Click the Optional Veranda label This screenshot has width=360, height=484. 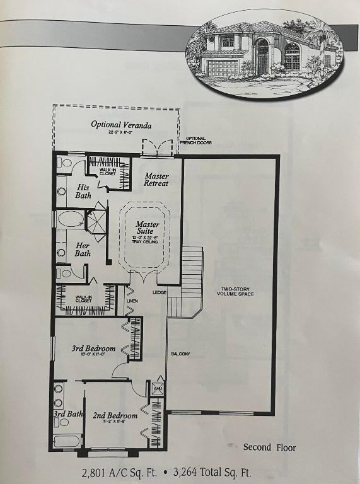121,125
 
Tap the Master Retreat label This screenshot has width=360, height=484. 156,180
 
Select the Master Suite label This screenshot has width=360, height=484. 148,228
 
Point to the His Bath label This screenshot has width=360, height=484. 83,191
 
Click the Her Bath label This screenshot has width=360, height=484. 83,249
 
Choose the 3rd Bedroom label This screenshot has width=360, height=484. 93,349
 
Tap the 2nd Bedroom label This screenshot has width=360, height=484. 115,416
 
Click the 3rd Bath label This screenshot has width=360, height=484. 68,414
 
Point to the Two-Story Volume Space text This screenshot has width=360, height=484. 235,291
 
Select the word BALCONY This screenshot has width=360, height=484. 180,354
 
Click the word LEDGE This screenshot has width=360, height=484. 159,292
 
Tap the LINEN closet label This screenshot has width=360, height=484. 131,301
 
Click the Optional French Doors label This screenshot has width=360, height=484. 199,141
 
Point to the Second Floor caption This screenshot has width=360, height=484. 269,447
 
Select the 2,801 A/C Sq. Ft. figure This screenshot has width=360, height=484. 118,472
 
